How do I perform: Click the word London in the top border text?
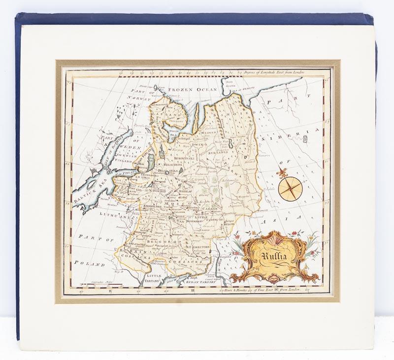(296, 72)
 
